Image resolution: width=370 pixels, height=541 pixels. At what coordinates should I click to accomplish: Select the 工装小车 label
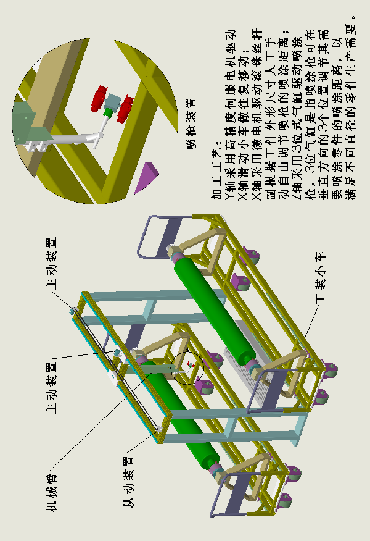click(x=321, y=277)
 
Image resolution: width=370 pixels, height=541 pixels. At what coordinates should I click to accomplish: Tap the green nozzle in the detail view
click(x=107, y=112)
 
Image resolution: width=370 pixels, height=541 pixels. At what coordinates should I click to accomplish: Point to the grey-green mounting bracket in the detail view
click(x=27, y=120)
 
